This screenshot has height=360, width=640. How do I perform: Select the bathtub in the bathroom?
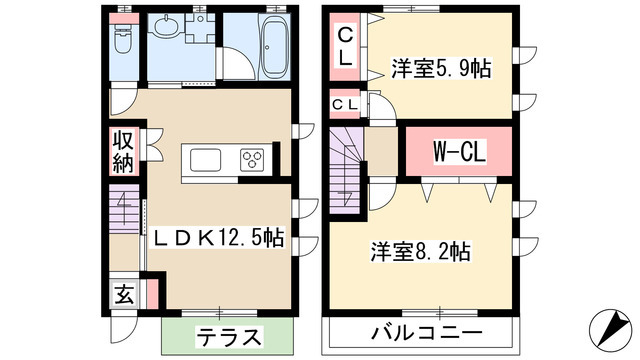(271, 47)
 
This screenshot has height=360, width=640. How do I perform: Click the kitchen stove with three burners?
(250, 159)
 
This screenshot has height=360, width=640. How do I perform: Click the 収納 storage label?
(123, 149)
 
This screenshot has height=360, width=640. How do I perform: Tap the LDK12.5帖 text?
(217, 239)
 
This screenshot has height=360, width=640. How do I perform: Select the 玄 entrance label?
(123, 295)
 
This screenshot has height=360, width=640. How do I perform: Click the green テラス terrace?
(228, 335)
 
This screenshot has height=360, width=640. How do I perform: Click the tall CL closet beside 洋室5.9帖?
(344, 48)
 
